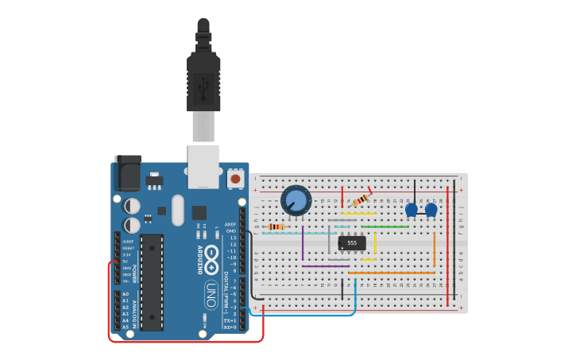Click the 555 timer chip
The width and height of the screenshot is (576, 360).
click(x=352, y=242)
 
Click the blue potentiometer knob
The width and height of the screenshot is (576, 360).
click(x=296, y=200)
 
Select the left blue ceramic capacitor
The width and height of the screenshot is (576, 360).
click(x=412, y=210)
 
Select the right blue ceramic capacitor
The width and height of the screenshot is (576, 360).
click(x=431, y=210)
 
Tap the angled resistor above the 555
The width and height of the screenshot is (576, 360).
click(x=361, y=199)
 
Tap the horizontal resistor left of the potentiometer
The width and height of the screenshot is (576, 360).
click(x=276, y=226)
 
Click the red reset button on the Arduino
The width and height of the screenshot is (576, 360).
click(x=235, y=180)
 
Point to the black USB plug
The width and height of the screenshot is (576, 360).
click(x=203, y=79)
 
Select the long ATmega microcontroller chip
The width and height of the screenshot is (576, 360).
click(x=152, y=282)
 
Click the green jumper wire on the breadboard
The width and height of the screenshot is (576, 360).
click(x=385, y=226)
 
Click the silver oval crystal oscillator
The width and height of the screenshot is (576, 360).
click(x=177, y=210)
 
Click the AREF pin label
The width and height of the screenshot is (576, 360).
click(x=230, y=225)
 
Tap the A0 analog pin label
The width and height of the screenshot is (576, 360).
click(x=126, y=294)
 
